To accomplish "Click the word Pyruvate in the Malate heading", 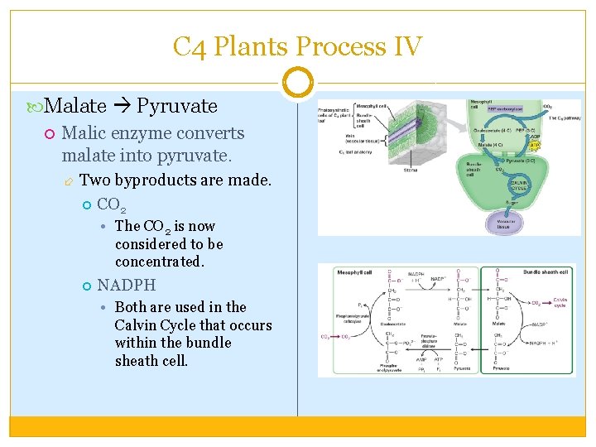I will click(176, 106).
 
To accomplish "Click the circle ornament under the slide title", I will click(297, 84).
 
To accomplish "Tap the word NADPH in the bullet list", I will click(126, 286).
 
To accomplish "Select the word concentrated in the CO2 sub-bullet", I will click(159, 262).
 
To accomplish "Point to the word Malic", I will click(84, 133).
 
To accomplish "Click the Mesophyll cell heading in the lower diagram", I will click(358, 272).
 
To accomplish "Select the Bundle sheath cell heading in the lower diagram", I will click(546, 272).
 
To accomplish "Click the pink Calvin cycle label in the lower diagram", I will click(560, 303).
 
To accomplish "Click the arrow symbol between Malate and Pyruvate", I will click(121, 106).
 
